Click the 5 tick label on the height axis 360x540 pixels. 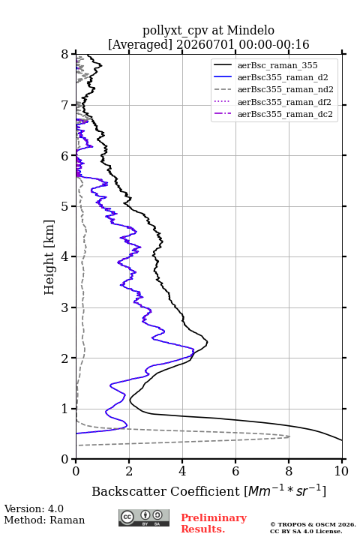[65, 206]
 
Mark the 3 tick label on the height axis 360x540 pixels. [65, 307]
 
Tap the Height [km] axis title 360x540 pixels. [49, 257]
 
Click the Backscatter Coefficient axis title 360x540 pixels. [208, 490]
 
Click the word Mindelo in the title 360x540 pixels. [250, 30]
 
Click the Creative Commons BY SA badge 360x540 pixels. [144, 518]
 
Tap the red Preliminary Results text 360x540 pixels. [214, 523]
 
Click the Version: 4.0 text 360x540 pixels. [34, 508]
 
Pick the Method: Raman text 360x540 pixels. [44, 520]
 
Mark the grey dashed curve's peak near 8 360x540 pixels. [289, 436]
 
